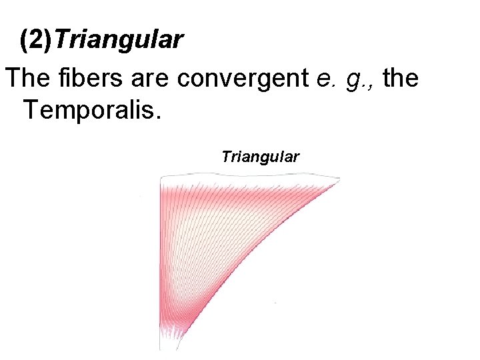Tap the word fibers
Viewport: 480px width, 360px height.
coord(84,79)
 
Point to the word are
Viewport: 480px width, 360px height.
coord(151,79)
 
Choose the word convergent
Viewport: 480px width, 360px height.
coord(244,79)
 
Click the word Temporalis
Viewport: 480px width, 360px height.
coord(91,109)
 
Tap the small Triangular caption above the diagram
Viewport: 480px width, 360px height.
coord(261,157)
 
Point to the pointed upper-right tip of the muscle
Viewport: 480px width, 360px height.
coord(337,179)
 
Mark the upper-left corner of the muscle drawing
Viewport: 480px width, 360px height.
coord(161,177)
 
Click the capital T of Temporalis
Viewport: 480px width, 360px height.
coord(30,109)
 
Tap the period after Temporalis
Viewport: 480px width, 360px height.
coord(158,115)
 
